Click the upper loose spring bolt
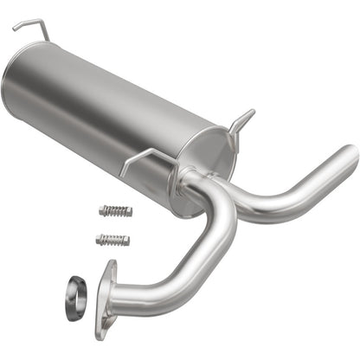(x=115, y=211)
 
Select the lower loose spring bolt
(x=112, y=240)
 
